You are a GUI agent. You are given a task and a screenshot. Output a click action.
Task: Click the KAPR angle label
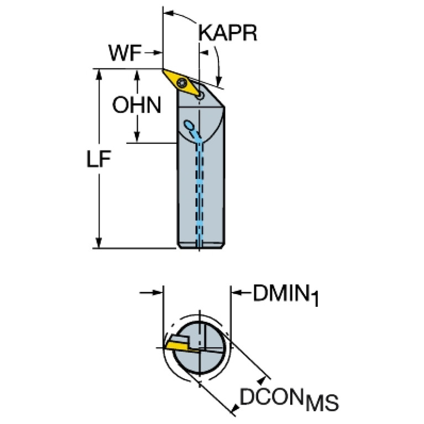(x=228, y=33)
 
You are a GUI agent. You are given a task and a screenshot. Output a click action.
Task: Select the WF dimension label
(x=125, y=53)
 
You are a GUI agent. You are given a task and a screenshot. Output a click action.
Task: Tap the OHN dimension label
(x=137, y=105)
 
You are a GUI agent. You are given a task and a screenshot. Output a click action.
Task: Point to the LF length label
(x=98, y=159)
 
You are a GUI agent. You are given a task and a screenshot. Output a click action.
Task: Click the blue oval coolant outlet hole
(x=189, y=125)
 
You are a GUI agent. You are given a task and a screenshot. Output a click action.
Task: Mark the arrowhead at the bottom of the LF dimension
(x=99, y=243)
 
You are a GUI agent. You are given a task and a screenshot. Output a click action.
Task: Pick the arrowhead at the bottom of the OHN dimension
(x=137, y=137)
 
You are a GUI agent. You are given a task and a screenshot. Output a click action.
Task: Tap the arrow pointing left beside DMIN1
(x=241, y=292)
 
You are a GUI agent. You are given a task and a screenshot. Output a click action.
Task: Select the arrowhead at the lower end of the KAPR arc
(x=219, y=81)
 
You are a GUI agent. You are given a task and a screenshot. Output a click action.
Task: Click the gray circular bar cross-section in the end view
(x=200, y=348)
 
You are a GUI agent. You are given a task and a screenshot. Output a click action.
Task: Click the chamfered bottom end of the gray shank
(x=201, y=245)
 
